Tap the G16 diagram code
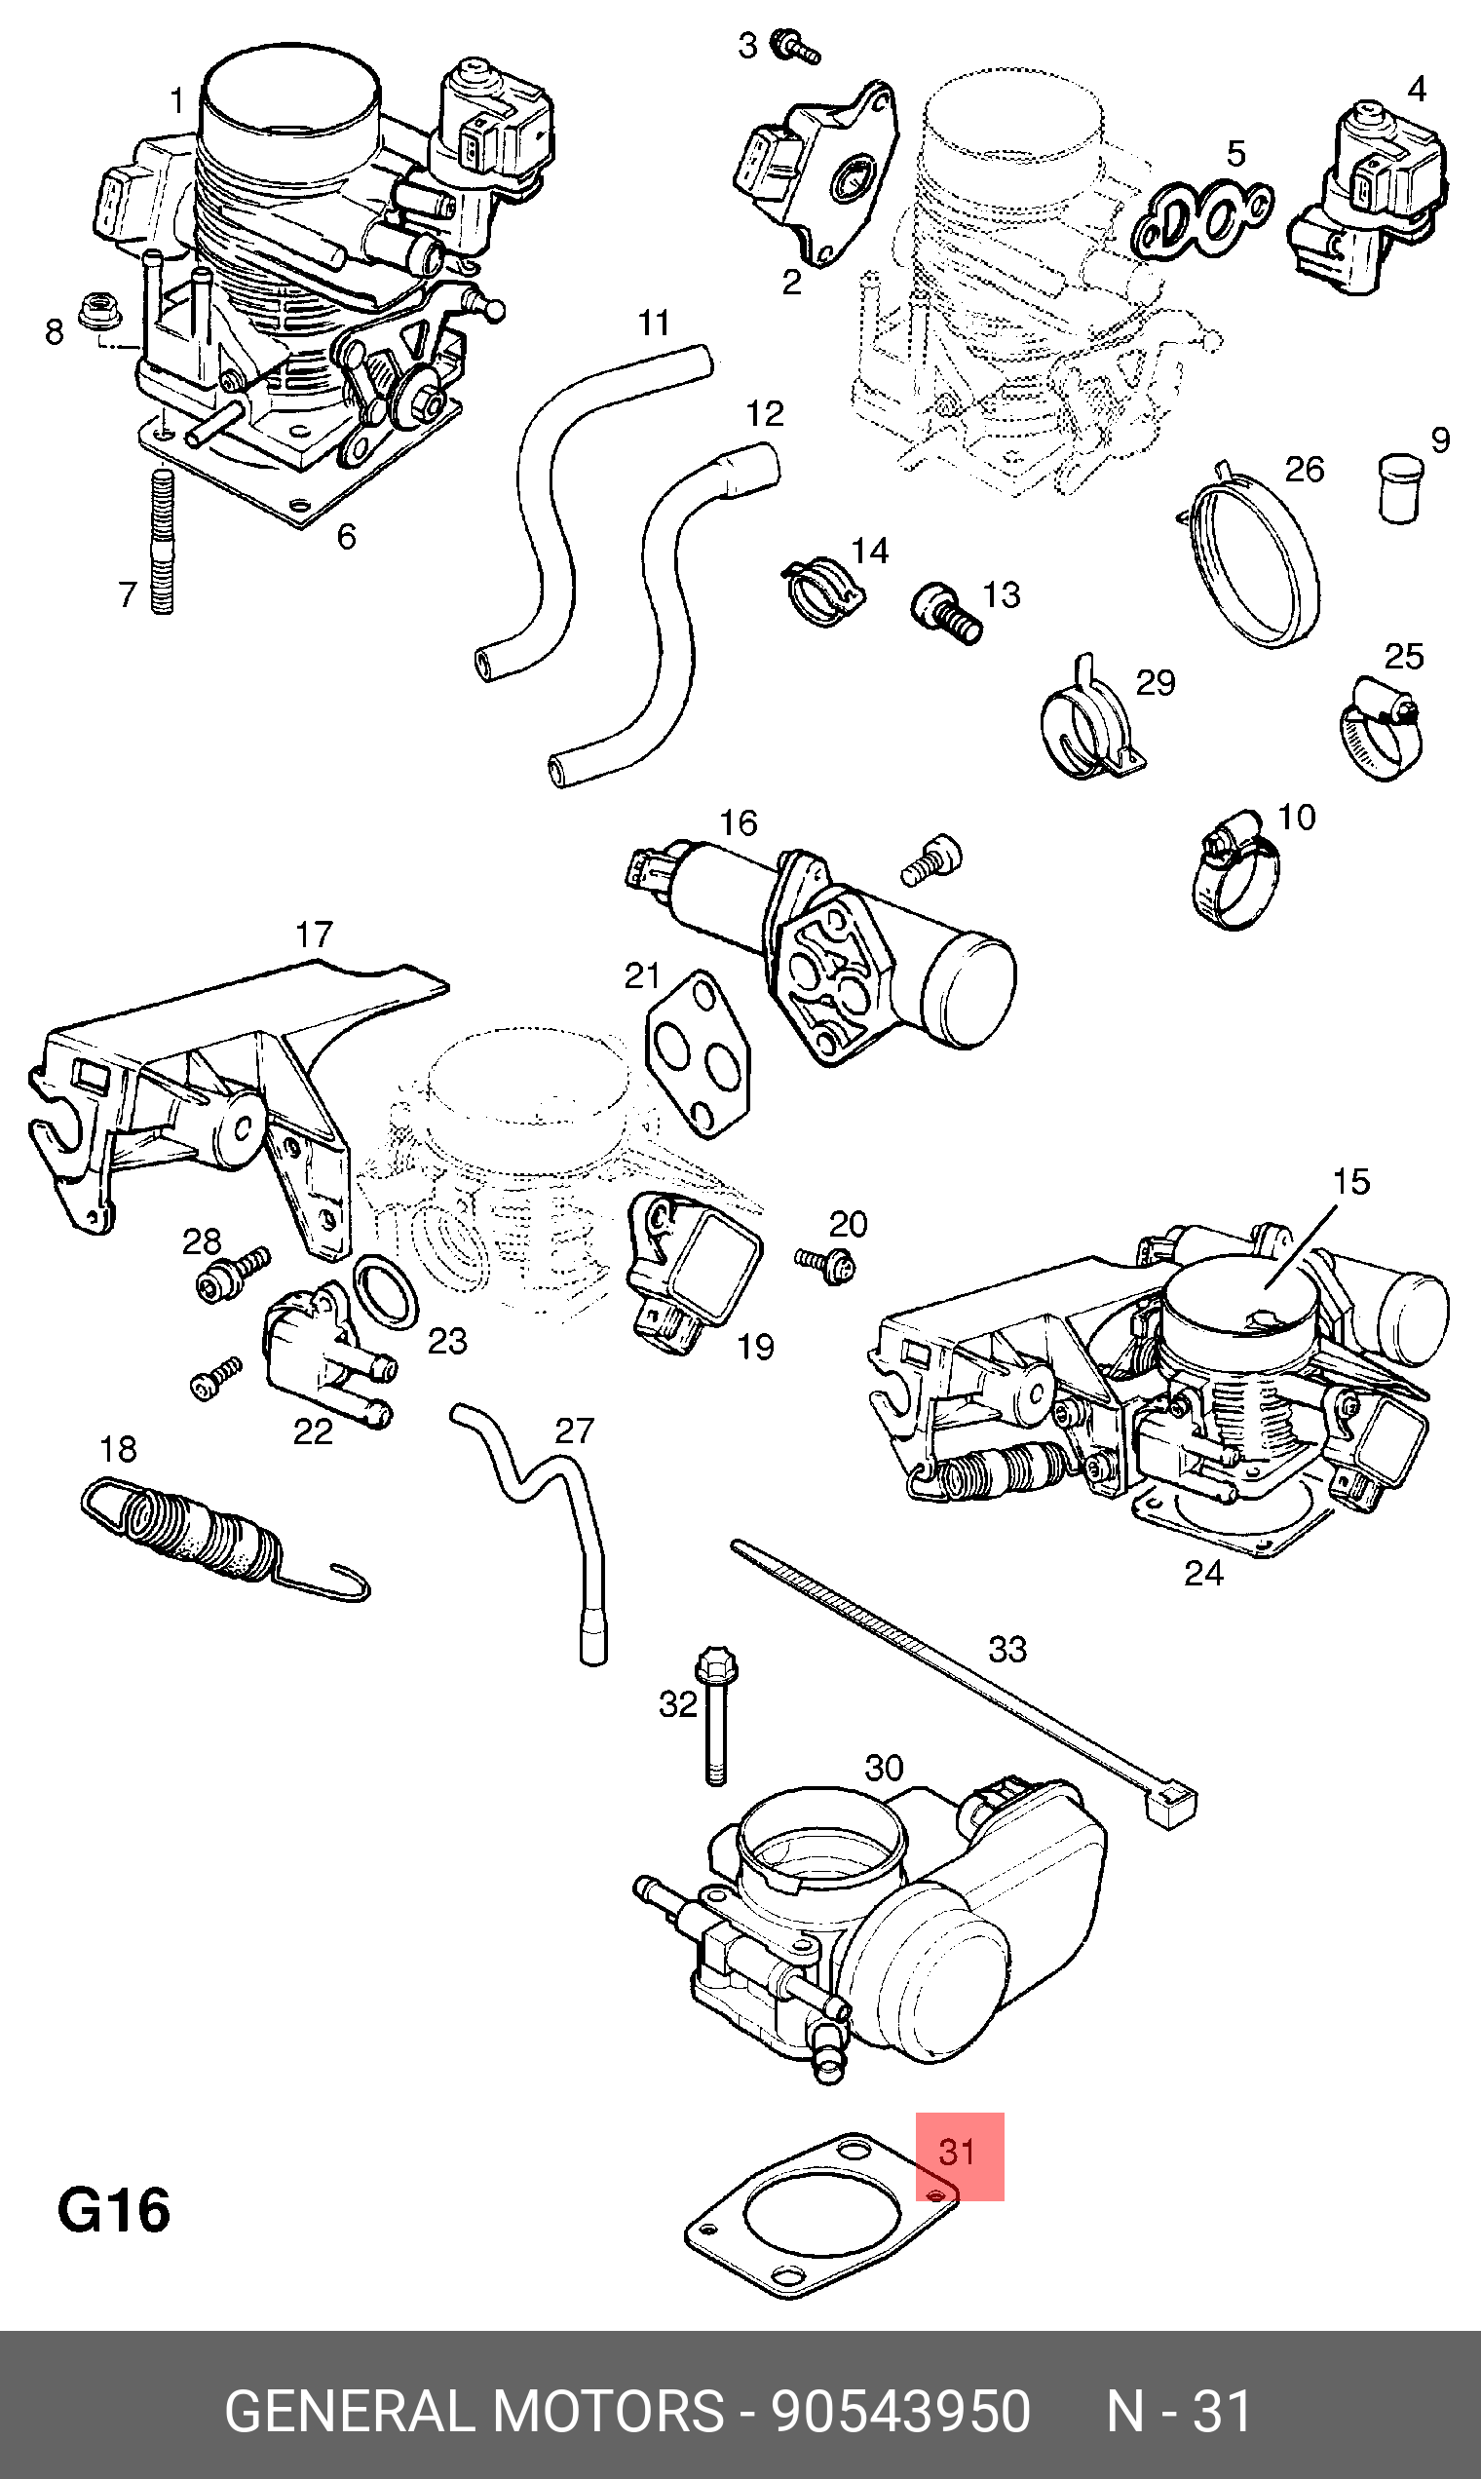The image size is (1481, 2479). click(x=114, y=2211)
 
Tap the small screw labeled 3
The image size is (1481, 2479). click(x=797, y=45)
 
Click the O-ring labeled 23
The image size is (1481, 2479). click(x=386, y=1292)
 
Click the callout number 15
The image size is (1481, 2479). click(x=1351, y=1182)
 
